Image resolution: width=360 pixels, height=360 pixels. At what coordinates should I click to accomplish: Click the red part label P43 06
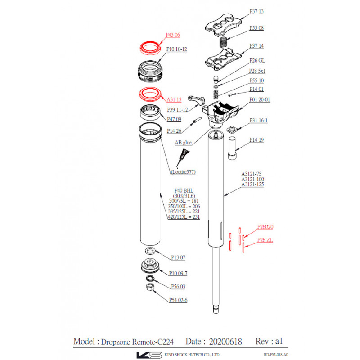(173, 35)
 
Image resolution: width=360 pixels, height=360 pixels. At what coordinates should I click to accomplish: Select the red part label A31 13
(174, 99)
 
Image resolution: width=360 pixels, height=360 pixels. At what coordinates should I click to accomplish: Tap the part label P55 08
(256, 28)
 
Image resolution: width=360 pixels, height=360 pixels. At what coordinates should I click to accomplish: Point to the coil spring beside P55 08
(223, 42)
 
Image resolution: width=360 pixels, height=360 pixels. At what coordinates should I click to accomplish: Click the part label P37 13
(256, 11)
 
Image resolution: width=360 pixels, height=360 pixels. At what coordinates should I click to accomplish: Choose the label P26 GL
(257, 60)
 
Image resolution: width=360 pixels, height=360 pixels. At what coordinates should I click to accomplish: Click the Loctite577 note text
(183, 172)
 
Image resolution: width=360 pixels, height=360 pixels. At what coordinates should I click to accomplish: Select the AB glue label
(183, 143)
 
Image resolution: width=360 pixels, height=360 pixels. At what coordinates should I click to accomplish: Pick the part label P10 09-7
(178, 273)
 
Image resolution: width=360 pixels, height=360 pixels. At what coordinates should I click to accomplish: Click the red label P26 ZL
(265, 240)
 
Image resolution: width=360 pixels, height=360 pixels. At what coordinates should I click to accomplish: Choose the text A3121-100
(252, 179)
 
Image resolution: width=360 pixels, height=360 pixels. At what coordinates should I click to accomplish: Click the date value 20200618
(225, 341)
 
